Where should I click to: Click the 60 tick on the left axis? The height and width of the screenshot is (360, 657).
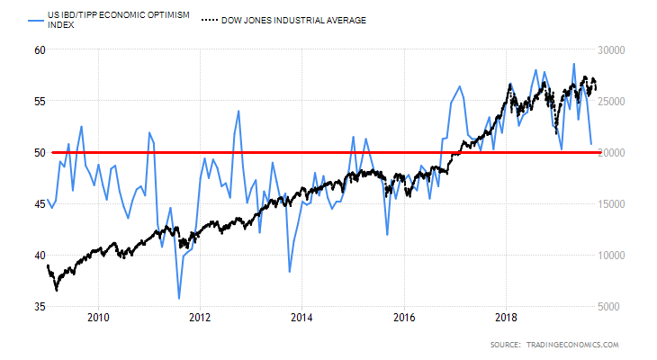pyautogui.click(x=40, y=49)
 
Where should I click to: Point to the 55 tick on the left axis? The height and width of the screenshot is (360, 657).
pyautogui.click(x=40, y=101)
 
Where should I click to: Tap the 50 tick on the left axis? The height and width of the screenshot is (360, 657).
pyautogui.click(x=40, y=152)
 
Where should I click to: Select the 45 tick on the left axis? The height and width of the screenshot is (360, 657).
pyautogui.click(x=40, y=203)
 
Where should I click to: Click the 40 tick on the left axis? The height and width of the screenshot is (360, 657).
pyautogui.click(x=40, y=256)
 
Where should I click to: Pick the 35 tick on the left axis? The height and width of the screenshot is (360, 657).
pyautogui.click(x=40, y=307)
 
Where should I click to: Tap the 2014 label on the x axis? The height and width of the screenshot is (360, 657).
pyautogui.click(x=301, y=317)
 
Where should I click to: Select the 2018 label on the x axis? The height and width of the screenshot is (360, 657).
pyautogui.click(x=506, y=317)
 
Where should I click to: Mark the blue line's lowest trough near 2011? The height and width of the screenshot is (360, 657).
pyautogui.click(x=179, y=298)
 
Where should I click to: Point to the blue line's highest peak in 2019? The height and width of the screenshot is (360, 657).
pyautogui.click(x=574, y=64)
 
